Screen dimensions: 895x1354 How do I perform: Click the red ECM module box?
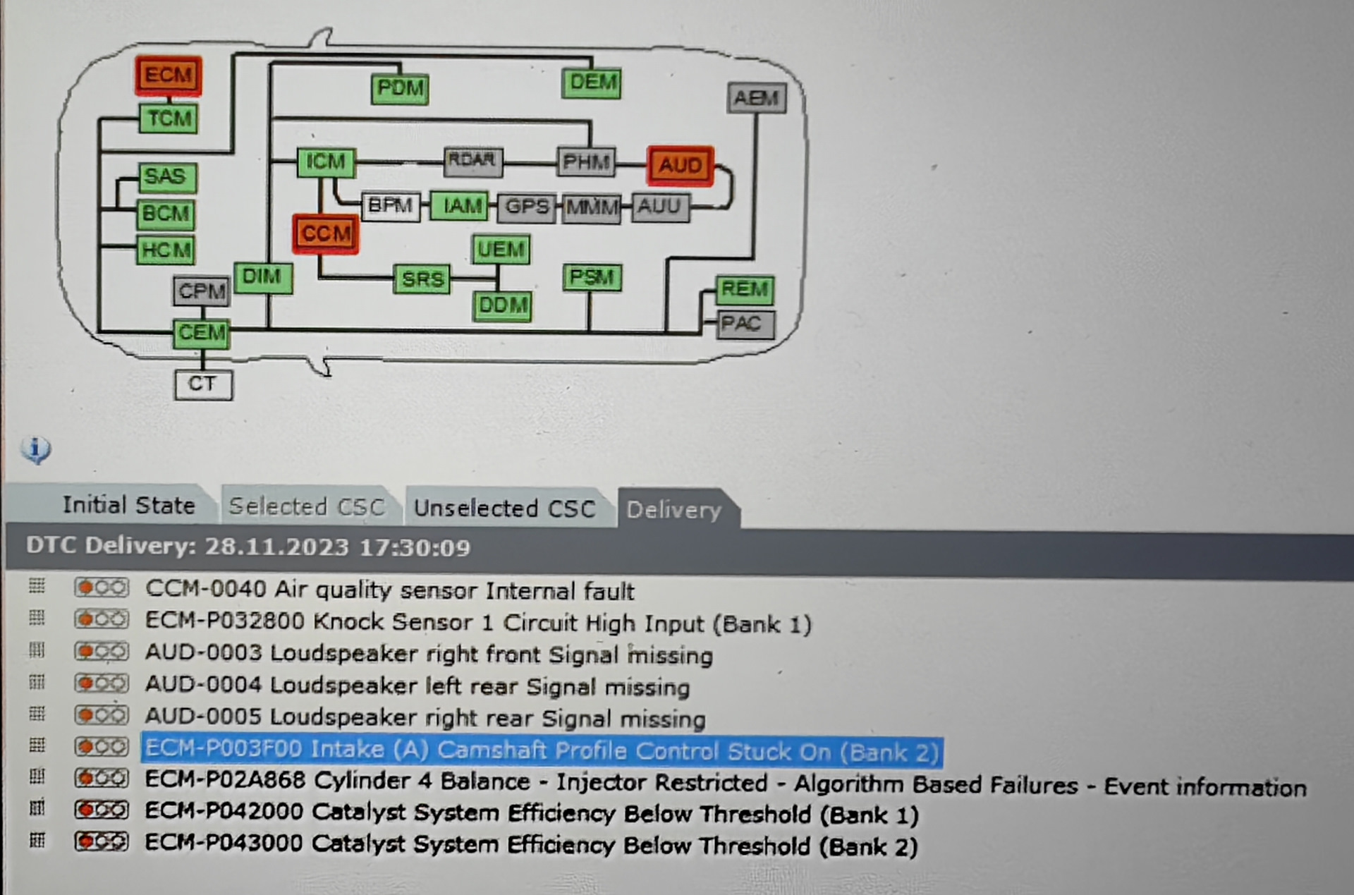169,75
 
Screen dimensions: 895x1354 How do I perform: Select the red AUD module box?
681,166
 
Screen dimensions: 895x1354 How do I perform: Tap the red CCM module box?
326,233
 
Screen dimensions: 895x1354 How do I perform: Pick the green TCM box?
169,118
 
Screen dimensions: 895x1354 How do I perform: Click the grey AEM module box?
757,98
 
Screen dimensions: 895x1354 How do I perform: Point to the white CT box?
203,384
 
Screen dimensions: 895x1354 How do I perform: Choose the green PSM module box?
592,277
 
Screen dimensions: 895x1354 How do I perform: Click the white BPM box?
390,206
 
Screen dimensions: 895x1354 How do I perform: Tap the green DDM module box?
502,305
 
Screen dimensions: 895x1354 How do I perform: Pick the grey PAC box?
744,324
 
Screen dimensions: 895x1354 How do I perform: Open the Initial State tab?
128,506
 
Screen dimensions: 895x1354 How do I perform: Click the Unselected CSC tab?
504,509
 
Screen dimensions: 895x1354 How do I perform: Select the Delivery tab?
673,510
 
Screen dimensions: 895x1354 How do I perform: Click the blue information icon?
35,449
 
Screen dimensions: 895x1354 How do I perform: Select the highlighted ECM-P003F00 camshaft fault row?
542,750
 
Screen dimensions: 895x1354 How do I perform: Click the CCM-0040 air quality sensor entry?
389,590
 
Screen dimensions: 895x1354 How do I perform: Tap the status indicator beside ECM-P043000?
102,841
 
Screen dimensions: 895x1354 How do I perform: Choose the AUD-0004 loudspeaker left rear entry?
417,686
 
